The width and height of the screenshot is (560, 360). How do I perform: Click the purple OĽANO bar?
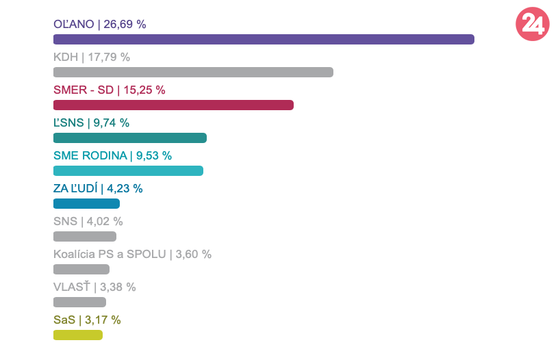[x=264, y=39]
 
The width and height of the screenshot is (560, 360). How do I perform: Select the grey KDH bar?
[x=193, y=72]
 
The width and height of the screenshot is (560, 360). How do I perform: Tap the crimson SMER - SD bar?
[x=173, y=105]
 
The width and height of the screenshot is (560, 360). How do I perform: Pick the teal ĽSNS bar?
[x=130, y=138]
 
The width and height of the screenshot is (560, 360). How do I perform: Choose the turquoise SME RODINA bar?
[x=128, y=170]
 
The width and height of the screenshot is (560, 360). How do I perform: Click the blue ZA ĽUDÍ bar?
[x=86, y=203]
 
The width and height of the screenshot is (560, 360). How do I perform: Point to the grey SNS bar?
[x=85, y=236]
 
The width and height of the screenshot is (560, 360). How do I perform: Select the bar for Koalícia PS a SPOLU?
[x=81, y=269]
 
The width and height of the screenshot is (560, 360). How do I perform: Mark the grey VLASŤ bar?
[x=79, y=302]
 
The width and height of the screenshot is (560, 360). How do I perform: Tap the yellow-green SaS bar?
[x=78, y=335]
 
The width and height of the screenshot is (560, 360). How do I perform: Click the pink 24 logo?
[x=532, y=24]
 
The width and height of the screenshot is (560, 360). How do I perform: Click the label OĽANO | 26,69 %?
[x=100, y=24]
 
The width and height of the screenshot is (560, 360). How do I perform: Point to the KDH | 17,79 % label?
[x=92, y=57]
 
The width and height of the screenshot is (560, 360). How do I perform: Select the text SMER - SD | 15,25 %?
[x=110, y=90]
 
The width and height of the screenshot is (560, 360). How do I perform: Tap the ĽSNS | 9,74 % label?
[x=91, y=123]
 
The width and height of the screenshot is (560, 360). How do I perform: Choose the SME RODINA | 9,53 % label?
[x=112, y=155]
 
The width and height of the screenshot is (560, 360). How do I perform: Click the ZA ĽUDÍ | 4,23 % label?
[x=98, y=188]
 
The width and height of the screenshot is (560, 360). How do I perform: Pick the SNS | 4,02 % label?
[x=88, y=221]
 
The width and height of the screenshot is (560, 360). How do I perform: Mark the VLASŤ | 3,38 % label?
[x=94, y=287]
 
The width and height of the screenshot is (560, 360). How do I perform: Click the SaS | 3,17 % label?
[x=87, y=320]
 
